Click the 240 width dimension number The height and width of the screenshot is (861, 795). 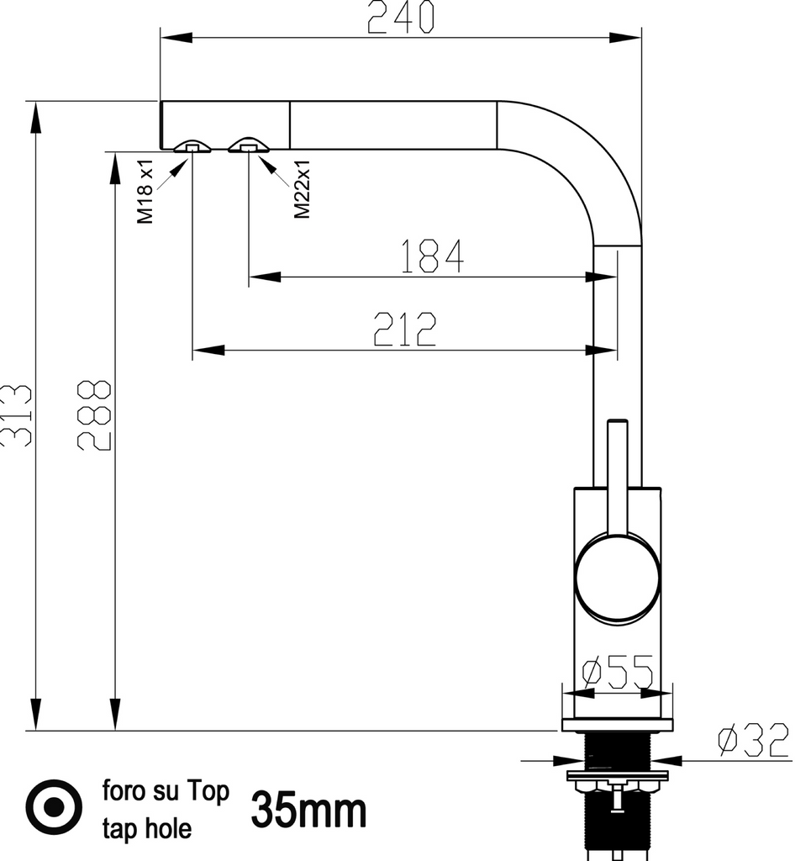(401, 18)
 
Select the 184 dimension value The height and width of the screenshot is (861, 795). (432, 257)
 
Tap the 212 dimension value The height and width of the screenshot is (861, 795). (406, 330)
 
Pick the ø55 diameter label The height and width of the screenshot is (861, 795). (618, 673)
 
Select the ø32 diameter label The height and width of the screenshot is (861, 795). (753, 740)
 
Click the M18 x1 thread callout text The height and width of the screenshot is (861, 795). (145, 191)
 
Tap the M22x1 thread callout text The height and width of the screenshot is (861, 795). (303, 189)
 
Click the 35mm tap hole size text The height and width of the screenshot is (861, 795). (309, 811)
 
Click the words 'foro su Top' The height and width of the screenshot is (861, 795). (166, 792)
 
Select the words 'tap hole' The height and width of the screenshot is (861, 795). (147, 829)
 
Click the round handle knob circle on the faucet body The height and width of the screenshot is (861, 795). (618, 581)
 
